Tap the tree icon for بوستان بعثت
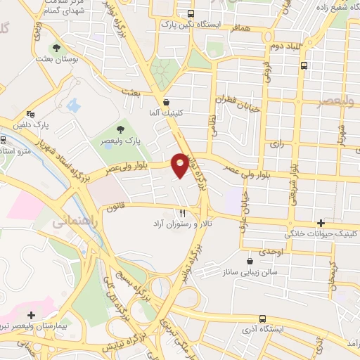(56, 48)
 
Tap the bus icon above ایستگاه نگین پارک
(191, 14)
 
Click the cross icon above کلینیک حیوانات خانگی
(321, 222)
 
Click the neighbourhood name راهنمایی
(70, 222)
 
